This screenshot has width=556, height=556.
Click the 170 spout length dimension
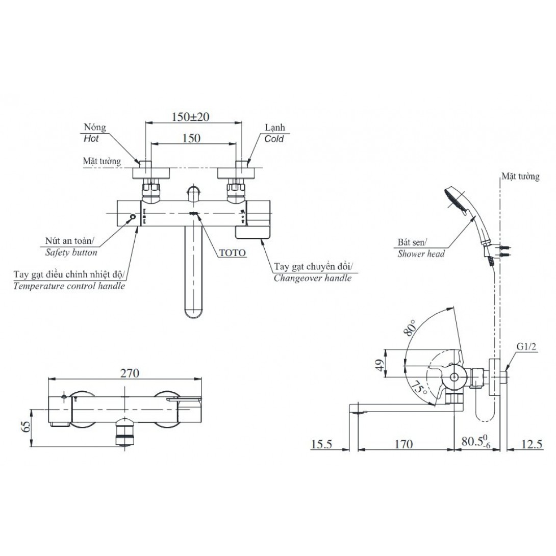pos(403,444)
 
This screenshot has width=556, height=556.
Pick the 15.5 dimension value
pos(321,444)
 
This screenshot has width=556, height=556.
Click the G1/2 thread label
pos(526,347)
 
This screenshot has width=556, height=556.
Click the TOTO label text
pos(232,252)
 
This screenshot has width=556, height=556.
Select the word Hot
pos(90,138)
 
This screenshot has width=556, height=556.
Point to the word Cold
pos(274,138)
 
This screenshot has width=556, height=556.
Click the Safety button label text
pos(71,252)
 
